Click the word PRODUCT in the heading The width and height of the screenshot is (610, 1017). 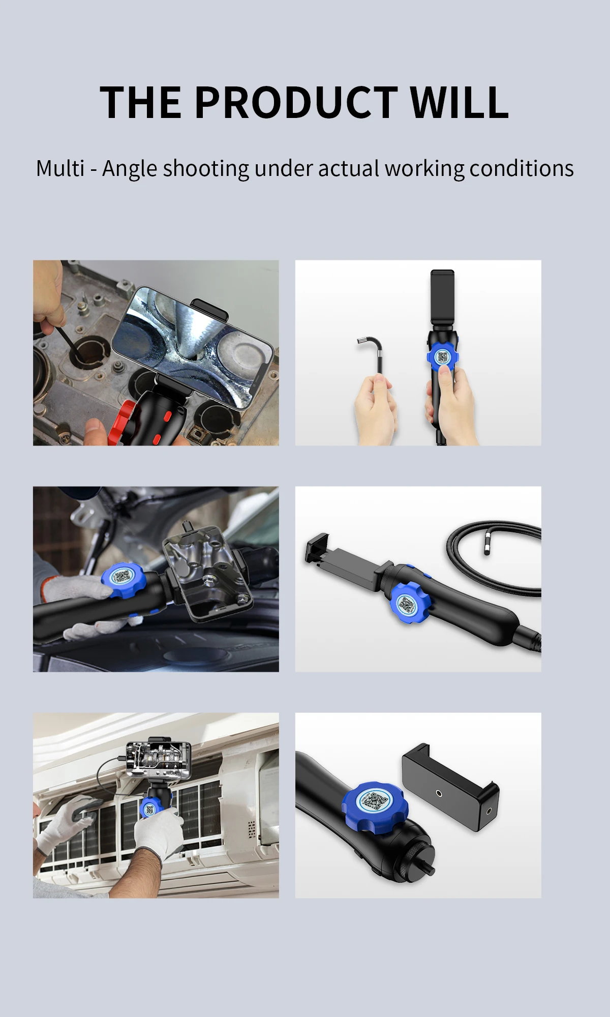click(296, 102)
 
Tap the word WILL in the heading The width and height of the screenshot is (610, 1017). click(460, 102)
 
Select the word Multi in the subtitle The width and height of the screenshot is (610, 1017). click(60, 168)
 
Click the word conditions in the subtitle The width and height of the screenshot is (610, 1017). click(522, 168)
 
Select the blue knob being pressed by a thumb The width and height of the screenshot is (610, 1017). click(443, 356)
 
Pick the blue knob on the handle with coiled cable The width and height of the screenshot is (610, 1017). click(409, 603)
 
